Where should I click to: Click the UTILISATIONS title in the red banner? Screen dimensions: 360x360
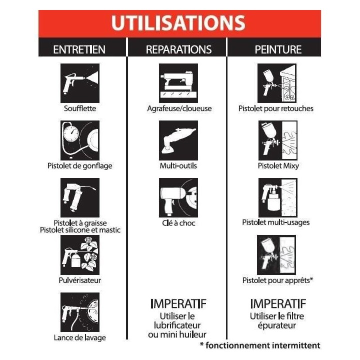[x=178, y=23]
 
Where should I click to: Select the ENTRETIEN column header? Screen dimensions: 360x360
[x=79, y=49]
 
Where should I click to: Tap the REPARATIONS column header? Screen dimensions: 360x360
[x=178, y=49]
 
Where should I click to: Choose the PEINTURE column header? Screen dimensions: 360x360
[x=278, y=49]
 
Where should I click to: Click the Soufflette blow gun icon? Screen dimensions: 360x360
[x=80, y=83]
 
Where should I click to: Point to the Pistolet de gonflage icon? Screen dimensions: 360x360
[x=80, y=140]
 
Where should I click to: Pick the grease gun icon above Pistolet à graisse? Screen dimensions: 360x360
[x=80, y=197]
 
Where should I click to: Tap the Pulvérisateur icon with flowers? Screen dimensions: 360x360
[x=80, y=255]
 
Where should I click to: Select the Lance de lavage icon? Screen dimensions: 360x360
[x=80, y=312]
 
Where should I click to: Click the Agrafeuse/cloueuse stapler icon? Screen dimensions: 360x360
[x=178, y=83]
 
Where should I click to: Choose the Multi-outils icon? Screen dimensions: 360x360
[x=178, y=140]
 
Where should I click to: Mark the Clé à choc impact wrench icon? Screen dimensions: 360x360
[x=178, y=197]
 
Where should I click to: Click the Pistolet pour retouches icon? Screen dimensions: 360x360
[x=277, y=83]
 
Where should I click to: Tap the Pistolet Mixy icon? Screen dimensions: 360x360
[x=278, y=140]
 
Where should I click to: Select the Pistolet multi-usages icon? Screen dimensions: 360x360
[x=278, y=197]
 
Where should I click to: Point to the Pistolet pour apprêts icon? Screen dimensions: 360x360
[x=276, y=255]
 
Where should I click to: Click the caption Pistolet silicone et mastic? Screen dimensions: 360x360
[x=80, y=230]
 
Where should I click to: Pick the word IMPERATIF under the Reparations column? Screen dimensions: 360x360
[x=178, y=304]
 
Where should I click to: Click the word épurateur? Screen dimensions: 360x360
[x=276, y=326]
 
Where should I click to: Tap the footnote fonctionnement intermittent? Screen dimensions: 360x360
[x=263, y=345]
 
